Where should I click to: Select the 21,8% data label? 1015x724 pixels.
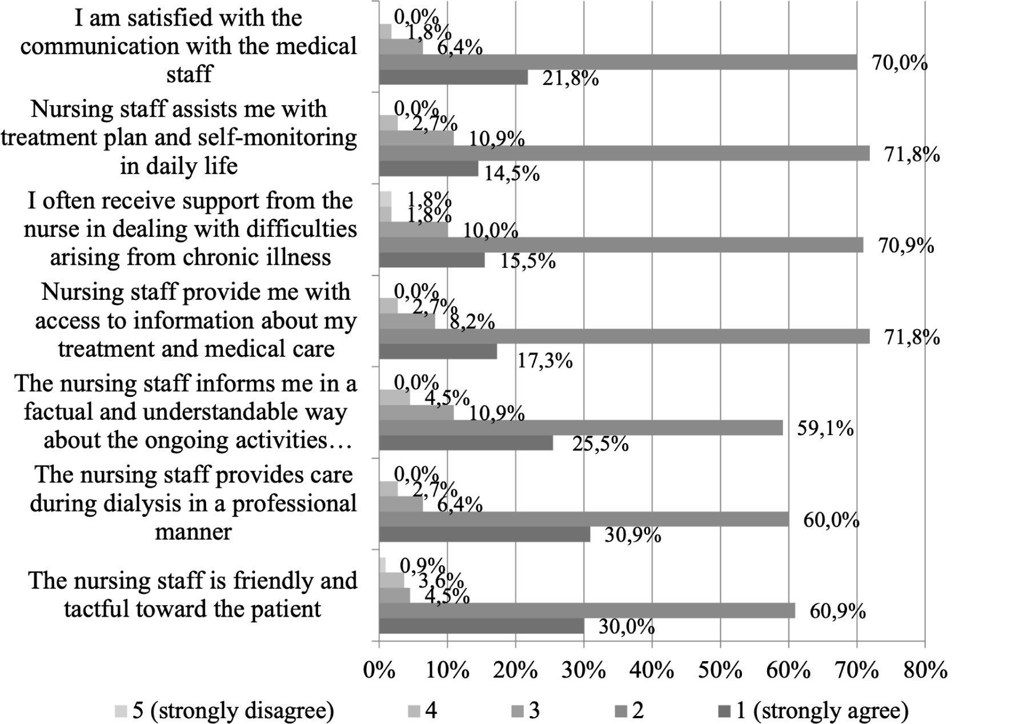coord(571,78)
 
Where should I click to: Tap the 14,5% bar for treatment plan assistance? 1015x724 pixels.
coord(428,168)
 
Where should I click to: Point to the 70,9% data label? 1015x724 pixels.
coord(906,246)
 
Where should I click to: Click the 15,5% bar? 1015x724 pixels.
coord(432,260)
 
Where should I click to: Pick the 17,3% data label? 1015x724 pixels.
coord(544,360)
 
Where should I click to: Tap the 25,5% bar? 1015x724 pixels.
coord(466,443)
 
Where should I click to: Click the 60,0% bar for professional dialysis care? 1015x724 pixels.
coord(584,519)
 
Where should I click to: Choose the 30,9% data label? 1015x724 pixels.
coord(633,536)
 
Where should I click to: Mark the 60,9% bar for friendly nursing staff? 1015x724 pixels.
coord(587,610)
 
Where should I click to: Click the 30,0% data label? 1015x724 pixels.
coord(627,627)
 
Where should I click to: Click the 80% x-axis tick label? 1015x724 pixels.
coord(925,670)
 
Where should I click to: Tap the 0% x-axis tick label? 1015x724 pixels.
coord(379,670)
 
